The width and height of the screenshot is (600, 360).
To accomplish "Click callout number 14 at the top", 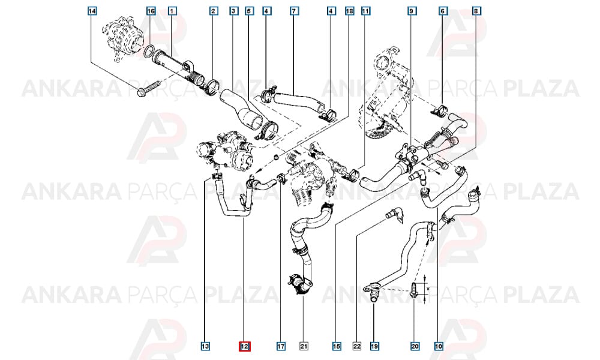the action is point(92,11).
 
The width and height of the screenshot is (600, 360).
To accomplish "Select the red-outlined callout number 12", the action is point(245,346).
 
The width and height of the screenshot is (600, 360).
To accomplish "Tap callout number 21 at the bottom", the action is point(304,346).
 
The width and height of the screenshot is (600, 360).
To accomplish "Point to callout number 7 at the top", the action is point(294,11).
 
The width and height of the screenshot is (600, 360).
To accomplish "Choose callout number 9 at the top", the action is point(412,11).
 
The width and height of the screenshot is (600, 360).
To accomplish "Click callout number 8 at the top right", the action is point(476,11).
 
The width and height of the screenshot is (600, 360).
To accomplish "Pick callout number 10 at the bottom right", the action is point(439,346).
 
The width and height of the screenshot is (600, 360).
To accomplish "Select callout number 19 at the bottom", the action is point(374,346).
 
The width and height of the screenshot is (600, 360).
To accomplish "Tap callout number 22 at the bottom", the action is point(356,346).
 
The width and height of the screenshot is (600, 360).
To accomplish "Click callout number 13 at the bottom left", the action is point(205,346).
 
